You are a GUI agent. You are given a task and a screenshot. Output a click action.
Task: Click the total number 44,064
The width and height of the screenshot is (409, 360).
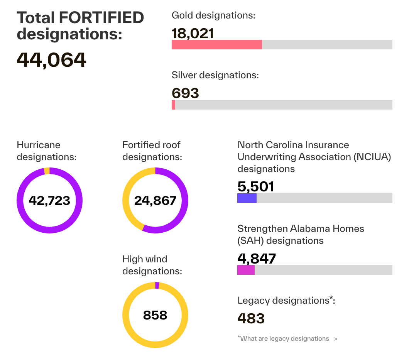pos(51,60)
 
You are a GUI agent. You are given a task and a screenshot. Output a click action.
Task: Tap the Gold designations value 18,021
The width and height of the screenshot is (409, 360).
pos(193,33)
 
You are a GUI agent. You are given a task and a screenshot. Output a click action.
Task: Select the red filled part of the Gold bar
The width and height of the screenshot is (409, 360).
pos(216,44)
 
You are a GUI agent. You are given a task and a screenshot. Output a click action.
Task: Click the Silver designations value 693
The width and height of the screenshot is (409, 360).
pos(185,93)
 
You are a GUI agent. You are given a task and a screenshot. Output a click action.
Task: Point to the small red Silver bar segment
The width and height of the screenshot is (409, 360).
pos(174,105)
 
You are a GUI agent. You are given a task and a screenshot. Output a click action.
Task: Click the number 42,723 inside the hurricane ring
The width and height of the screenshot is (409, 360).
pos(49,201)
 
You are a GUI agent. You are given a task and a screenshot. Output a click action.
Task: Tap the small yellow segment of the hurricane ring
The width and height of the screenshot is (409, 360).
pos(47,171)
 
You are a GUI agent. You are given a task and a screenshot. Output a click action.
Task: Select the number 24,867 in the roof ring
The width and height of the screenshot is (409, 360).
pos(155,201)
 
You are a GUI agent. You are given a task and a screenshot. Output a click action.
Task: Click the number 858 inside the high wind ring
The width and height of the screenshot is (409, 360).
pos(155,315)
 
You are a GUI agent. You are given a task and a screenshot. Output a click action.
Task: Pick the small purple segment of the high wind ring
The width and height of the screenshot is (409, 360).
pos(157,286)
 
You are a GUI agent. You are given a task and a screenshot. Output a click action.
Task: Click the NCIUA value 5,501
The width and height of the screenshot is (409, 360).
pos(255,187)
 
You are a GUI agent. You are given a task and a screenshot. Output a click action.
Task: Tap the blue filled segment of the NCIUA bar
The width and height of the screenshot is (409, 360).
pos(247,198)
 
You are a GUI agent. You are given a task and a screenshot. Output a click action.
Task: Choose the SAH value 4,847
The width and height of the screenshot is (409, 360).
pos(257,259)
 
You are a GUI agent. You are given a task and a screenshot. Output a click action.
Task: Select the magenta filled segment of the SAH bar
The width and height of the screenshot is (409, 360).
pos(246,270)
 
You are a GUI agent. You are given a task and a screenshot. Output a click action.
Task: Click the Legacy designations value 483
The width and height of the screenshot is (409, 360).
pos(251,319)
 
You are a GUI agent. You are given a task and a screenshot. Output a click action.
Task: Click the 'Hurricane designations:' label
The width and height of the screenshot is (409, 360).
pos(47,151)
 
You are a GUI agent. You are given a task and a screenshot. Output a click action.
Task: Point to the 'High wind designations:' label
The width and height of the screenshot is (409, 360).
pos(152,265)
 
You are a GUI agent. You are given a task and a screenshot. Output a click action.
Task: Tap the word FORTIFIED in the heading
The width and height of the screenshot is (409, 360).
pos(102,18)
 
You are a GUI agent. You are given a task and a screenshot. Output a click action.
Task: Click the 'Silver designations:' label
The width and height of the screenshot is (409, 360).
pos(215,75)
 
